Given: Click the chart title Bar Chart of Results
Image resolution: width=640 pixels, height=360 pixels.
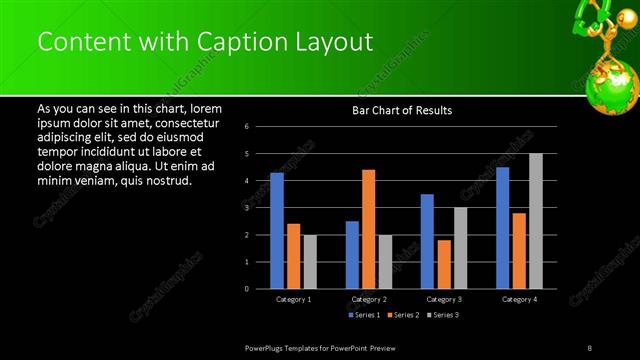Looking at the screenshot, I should (402, 110).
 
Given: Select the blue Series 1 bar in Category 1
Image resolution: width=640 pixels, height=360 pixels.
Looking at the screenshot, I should (277, 230).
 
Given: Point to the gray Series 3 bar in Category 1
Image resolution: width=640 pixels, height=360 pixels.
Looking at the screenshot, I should (310, 261).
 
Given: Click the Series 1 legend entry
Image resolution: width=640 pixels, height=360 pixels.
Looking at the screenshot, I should (364, 315).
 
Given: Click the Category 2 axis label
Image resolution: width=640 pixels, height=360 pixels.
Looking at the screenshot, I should (369, 299).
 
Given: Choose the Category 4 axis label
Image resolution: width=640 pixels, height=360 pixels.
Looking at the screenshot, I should (519, 299).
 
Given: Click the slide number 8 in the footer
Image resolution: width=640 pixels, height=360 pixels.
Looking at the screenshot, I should (591, 346).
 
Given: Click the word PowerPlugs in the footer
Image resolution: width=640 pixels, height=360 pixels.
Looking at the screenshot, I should (268, 346).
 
